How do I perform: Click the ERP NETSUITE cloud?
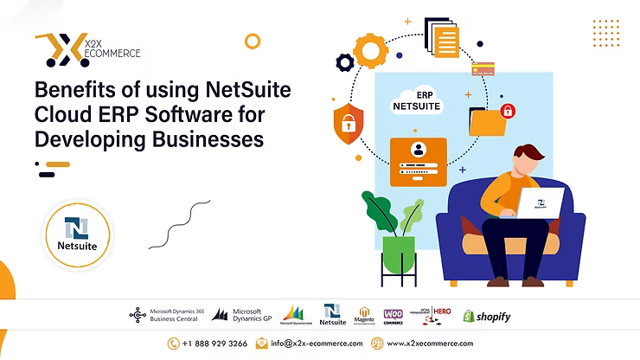click(416, 99)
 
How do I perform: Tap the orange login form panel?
click(419, 161)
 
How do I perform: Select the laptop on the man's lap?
click(539, 204)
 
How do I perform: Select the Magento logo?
click(364, 315)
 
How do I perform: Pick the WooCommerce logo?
click(394, 316)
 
